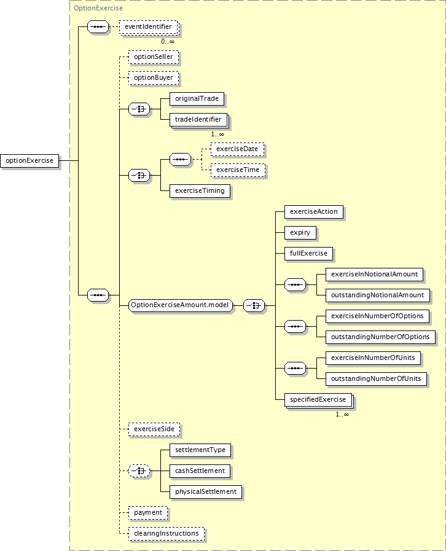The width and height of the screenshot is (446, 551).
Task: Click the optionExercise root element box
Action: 29,160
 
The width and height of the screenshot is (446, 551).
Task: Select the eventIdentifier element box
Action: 149,27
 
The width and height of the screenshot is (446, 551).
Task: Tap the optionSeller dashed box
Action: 154,57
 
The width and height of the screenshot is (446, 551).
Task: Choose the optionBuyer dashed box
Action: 154,78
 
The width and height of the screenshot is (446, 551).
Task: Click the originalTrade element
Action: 197,99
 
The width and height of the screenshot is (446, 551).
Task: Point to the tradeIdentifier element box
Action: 198,120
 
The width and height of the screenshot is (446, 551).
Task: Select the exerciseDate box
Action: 237,149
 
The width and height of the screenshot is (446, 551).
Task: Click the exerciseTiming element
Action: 200,191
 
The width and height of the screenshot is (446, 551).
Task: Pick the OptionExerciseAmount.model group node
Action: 180,305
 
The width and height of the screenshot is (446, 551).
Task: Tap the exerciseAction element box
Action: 314,212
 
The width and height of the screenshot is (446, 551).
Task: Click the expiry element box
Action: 300,233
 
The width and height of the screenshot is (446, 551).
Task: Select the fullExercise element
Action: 308,254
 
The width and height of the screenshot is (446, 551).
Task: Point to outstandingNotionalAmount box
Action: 377,295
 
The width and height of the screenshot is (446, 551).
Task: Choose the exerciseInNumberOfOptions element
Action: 377,316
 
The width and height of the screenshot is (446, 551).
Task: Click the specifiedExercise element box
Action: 318,400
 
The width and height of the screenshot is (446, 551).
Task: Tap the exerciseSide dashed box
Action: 154,429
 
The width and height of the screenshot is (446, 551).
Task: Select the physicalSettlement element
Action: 206,492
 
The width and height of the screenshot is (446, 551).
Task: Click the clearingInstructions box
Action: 166,534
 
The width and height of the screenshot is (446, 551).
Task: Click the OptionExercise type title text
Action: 98,8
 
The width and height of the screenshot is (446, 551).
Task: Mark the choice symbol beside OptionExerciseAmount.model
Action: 254,306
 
